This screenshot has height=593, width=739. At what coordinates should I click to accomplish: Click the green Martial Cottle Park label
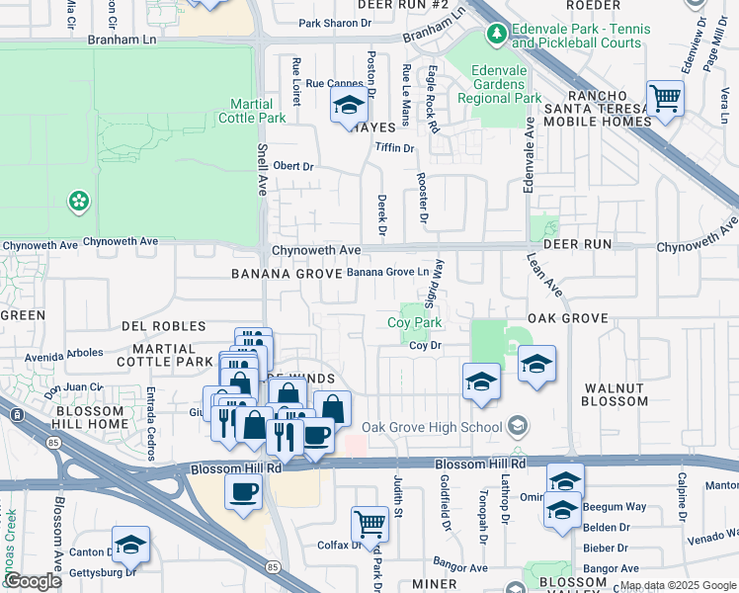tap(258, 111)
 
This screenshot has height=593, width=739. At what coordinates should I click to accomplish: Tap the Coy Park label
tap(414, 322)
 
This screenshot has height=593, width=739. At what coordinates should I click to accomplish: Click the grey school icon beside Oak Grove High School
tap(516, 426)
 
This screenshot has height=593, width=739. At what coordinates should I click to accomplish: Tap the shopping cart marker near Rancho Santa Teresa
tap(666, 98)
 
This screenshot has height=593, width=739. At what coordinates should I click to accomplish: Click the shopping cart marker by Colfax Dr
tap(369, 523)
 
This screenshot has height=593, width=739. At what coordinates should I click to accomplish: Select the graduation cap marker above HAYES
tap(348, 105)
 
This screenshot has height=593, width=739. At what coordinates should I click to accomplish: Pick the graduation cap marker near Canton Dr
tap(129, 545)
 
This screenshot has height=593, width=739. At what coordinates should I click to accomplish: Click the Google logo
tap(33, 581)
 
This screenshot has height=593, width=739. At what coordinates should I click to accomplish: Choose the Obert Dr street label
tap(292, 166)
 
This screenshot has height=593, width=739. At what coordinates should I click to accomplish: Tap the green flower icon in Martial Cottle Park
tap(78, 203)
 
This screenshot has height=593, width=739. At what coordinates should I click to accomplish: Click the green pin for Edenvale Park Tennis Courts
tap(496, 36)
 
